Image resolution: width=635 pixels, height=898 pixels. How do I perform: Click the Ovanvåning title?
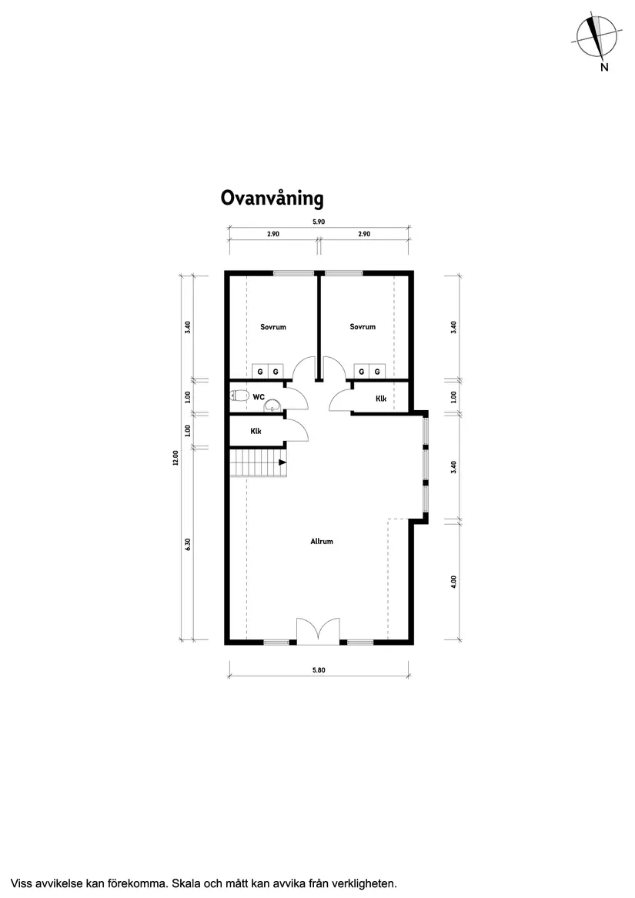coord(272,199)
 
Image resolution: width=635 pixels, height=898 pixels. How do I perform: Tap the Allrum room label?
coord(322,541)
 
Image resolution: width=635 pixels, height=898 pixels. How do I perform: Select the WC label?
coord(259,397)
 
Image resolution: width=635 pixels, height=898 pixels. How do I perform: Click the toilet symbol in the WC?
coord(239,396)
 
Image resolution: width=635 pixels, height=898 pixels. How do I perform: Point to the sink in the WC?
coord(272,405)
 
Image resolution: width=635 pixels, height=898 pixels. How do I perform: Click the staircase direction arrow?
coord(282,462)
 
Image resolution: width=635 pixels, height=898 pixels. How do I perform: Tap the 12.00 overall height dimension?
coord(175,458)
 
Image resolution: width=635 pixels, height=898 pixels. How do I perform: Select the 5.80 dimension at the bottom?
coord(319,669)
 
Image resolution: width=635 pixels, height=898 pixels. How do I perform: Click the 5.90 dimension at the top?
coord(319,222)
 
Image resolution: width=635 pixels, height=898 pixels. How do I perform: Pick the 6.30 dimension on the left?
coord(187,545)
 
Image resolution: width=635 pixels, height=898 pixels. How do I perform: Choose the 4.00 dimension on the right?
coord(453,582)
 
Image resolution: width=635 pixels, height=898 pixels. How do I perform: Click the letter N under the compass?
coord(604,67)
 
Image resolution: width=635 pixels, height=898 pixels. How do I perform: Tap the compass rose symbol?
coord(597,37)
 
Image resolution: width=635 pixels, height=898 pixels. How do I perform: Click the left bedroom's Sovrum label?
coord(273,327)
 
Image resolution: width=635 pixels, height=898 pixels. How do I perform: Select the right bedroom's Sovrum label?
coord(363,326)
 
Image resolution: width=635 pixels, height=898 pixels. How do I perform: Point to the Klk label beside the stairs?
coord(256,431)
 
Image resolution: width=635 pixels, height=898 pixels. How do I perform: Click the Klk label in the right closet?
coord(381,399)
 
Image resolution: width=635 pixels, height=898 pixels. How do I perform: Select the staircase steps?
coord(259,462)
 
